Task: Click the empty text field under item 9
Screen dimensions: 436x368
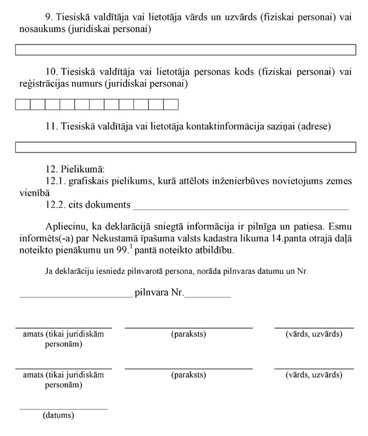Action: [185, 50]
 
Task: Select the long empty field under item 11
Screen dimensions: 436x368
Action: [185, 147]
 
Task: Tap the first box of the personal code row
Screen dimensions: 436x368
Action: [22, 104]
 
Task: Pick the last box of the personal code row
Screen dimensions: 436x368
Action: [171, 104]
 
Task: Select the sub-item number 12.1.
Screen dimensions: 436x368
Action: [55, 181]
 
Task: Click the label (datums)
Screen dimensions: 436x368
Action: [58, 415]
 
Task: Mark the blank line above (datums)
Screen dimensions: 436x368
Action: [63, 409]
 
